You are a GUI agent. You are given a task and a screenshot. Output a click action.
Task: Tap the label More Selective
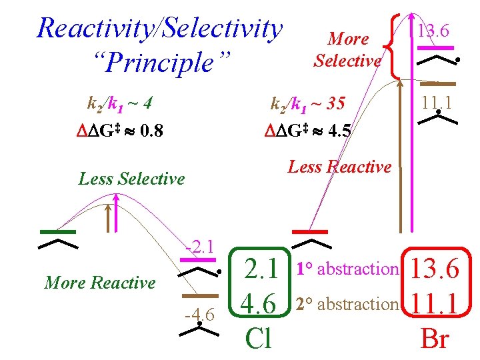click(347, 50)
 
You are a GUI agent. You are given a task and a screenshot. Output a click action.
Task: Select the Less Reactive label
click(339, 167)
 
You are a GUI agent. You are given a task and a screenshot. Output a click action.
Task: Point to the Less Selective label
click(131, 179)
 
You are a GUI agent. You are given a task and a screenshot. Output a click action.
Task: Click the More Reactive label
click(99, 283)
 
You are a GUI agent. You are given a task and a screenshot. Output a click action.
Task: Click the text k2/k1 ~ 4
click(121, 104)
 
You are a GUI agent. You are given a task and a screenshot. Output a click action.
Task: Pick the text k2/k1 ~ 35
click(307, 104)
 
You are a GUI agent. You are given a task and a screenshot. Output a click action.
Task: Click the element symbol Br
click(435, 339)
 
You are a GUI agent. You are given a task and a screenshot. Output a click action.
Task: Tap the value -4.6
click(200, 315)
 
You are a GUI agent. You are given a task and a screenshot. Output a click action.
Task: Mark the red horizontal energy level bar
click(311, 231)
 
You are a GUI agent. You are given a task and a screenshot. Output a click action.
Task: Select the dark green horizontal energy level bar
click(57, 231)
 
